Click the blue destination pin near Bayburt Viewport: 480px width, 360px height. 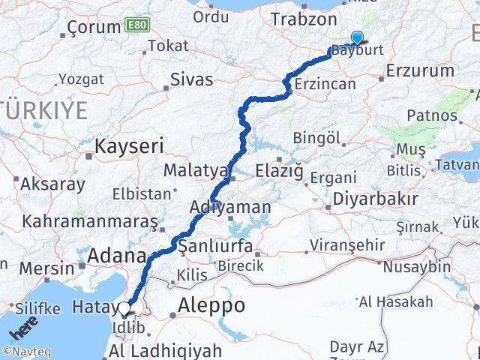[x=356, y=38]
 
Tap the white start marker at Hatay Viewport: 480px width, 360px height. [x=124, y=307]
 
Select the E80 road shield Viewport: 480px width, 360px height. [x=139, y=25]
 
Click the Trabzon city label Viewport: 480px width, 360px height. [x=304, y=19]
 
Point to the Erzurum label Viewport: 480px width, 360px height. [x=420, y=71]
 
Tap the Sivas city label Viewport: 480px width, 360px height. [x=191, y=79]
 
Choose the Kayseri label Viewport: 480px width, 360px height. [x=129, y=144]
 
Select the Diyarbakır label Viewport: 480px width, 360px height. [x=375, y=199]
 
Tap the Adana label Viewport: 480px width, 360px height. [x=116, y=256]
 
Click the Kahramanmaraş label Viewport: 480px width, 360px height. [x=90, y=222]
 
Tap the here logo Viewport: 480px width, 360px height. [x=22, y=330]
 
